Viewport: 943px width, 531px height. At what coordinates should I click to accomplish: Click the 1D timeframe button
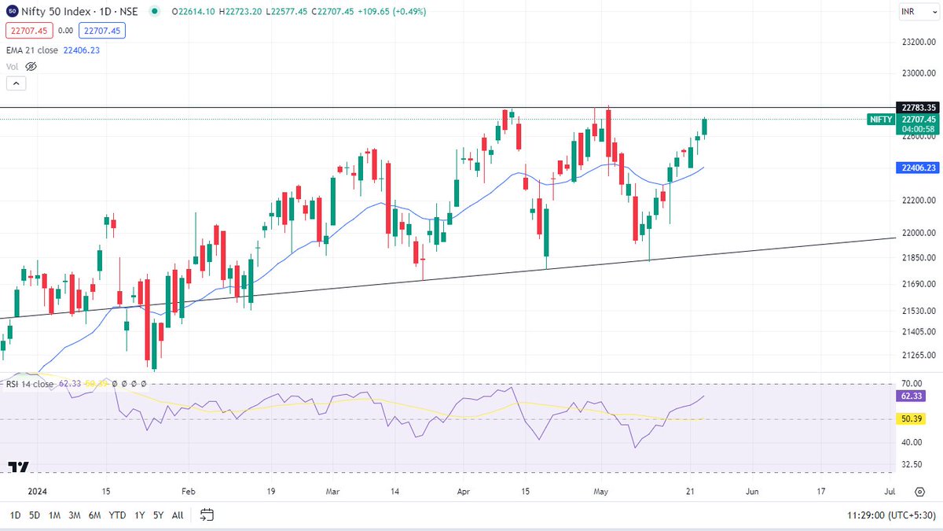pyautogui.click(x=15, y=515)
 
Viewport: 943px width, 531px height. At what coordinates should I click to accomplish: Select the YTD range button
pyautogui.click(x=117, y=515)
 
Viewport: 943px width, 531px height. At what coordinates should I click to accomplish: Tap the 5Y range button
pyautogui.click(x=158, y=515)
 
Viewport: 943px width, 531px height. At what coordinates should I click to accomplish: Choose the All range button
pyautogui.click(x=178, y=515)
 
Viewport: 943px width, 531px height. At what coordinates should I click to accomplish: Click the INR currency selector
pyautogui.click(x=915, y=11)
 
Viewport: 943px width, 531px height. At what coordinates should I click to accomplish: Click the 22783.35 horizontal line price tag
pyautogui.click(x=918, y=108)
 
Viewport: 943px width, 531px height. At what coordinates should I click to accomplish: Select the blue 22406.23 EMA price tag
pyautogui.click(x=918, y=168)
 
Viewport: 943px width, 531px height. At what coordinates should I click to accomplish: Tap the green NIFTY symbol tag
pyautogui.click(x=880, y=120)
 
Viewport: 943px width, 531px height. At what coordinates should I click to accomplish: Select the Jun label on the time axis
pyautogui.click(x=752, y=492)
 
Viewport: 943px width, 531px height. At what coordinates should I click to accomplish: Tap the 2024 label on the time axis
pyautogui.click(x=37, y=492)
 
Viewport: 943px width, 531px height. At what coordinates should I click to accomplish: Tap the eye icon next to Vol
pyautogui.click(x=31, y=67)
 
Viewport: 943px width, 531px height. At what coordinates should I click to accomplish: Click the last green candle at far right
pyautogui.click(x=705, y=127)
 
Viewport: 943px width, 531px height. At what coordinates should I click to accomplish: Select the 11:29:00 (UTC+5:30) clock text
pyautogui.click(x=888, y=515)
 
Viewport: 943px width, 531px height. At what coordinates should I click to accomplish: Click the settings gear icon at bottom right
pyautogui.click(x=919, y=492)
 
